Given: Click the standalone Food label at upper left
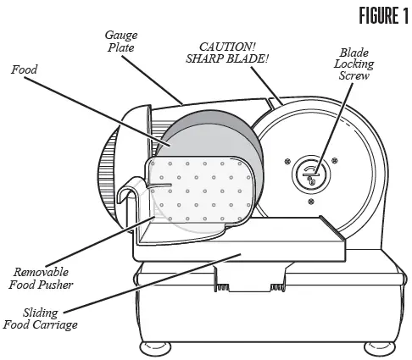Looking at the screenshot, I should click(x=24, y=72).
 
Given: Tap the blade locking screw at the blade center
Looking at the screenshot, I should click(x=311, y=175).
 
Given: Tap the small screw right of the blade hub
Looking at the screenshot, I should click(x=335, y=158).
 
